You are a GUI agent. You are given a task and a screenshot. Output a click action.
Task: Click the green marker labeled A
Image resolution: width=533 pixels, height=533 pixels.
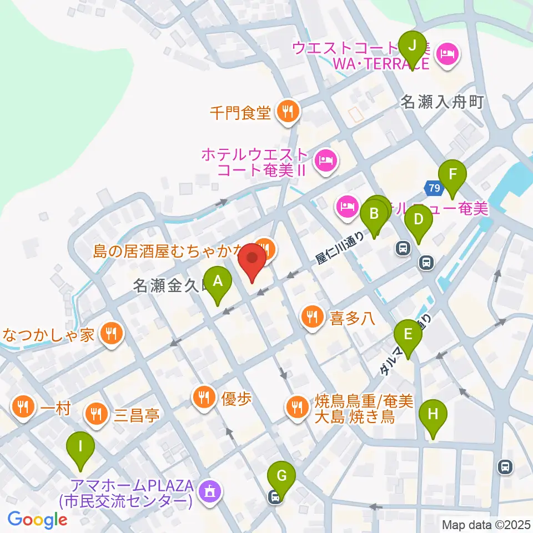tap(218, 282)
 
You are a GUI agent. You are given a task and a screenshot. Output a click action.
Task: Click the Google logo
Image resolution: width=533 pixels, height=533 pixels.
tap(37, 520)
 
